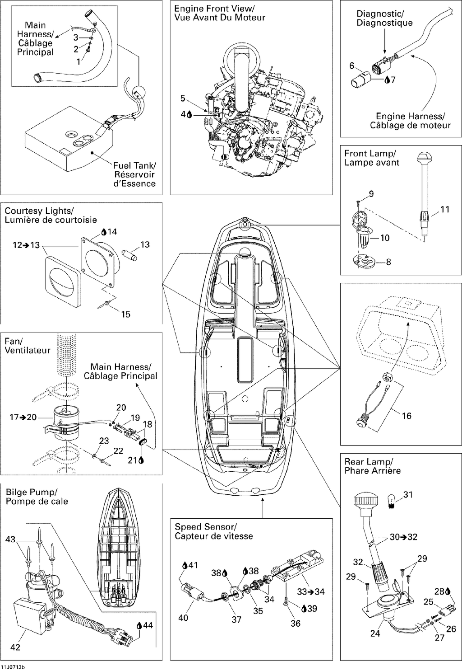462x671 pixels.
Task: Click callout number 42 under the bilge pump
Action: coord(15,647)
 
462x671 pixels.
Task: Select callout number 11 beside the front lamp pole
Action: coord(445,209)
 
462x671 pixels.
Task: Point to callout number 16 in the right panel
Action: coord(407,416)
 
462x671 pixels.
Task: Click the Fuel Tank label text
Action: coord(134,165)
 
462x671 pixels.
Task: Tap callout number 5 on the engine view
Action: coord(183,98)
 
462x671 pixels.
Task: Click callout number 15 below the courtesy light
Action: coord(126,314)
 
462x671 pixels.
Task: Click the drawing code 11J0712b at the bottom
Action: coord(12,667)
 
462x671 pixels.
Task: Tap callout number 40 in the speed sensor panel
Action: coord(183,618)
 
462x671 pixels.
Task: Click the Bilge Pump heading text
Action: coord(32,492)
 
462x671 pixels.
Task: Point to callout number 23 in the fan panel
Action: coord(104,441)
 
